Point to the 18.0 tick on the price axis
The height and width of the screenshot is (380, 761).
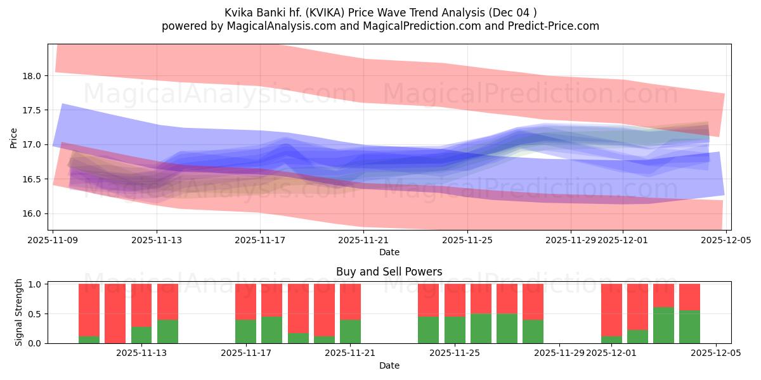click(x=32, y=76)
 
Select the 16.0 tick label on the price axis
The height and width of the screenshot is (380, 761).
click(x=32, y=213)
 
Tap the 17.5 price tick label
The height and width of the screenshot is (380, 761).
click(x=32, y=110)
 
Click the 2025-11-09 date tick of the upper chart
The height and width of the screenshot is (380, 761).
click(x=53, y=241)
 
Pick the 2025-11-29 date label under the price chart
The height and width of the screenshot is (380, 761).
click(x=571, y=241)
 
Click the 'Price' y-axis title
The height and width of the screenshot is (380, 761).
click(x=14, y=137)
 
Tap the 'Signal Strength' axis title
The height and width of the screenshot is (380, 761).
click(x=19, y=312)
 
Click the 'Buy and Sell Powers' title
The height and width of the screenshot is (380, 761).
click(x=389, y=272)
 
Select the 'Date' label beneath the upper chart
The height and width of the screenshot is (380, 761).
click(x=389, y=252)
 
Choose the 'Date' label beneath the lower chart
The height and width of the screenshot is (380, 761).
click(x=389, y=365)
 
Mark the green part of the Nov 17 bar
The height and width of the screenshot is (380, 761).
click(x=246, y=331)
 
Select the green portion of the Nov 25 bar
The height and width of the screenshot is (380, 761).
click(x=455, y=330)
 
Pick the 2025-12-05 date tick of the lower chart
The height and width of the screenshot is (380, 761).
click(x=716, y=353)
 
